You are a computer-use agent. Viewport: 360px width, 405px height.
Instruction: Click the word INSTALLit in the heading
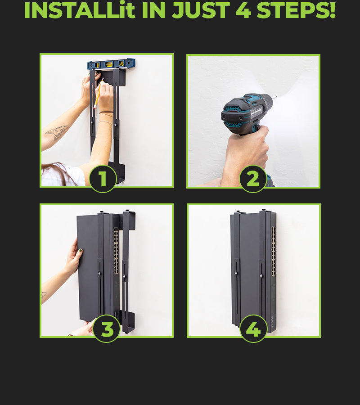click(x=80, y=10)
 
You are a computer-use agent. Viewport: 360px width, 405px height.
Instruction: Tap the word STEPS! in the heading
click(x=296, y=10)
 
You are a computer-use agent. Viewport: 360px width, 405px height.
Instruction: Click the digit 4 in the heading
click(x=243, y=10)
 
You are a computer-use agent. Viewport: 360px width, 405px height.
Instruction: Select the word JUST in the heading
click(x=201, y=10)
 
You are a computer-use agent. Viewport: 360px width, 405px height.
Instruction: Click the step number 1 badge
click(x=103, y=179)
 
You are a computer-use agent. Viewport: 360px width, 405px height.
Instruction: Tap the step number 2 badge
click(x=253, y=179)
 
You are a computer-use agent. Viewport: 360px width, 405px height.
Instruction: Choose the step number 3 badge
click(x=106, y=328)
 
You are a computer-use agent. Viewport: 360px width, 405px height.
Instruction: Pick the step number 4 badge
click(x=253, y=328)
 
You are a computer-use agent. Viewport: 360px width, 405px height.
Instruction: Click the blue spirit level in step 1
click(x=111, y=64)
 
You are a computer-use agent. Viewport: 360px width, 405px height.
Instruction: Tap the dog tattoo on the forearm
click(x=57, y=132)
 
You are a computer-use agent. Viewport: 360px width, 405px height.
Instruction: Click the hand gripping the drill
click(x=244, y=155)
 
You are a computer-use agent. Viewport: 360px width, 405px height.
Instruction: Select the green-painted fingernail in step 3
click(x=80, y=251)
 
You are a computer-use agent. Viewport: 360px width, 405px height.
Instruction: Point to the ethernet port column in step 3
click(x=116, y=251)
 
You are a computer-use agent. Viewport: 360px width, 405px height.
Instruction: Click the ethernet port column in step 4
click(x=274, y=251)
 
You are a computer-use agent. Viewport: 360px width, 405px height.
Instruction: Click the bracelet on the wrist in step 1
click(x=106, y=113)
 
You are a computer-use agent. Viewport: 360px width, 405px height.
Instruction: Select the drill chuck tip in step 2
click(x=275, y=97)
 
